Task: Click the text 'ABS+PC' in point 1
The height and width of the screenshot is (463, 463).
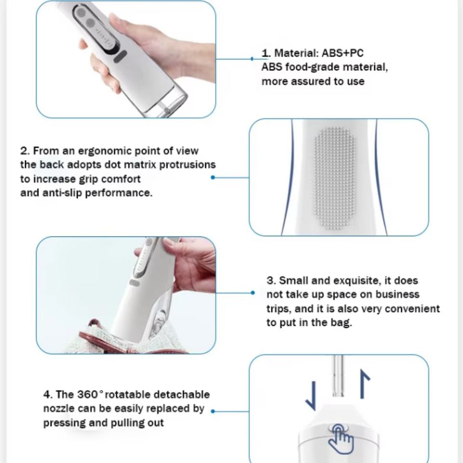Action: pyautogui.click(x=342, y=53)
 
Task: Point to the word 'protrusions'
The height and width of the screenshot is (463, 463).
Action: pyautogui.click(x=188, y=165)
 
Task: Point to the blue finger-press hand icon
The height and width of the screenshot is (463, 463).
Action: pyautogui.click(x=341, y=439)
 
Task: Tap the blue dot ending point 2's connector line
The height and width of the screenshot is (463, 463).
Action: pyautogui.click(x=213, y=177)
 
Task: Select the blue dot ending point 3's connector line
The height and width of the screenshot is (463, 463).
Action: pyautogui.click(x=252, y=293)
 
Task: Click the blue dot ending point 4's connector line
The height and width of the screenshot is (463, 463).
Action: pyautogui.click(x=213, y=411)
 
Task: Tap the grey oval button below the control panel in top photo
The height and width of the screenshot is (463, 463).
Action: pyautogui.click(x=121, y=56)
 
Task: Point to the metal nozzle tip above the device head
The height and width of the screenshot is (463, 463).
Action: pyautogui.click(x=339, y=376)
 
